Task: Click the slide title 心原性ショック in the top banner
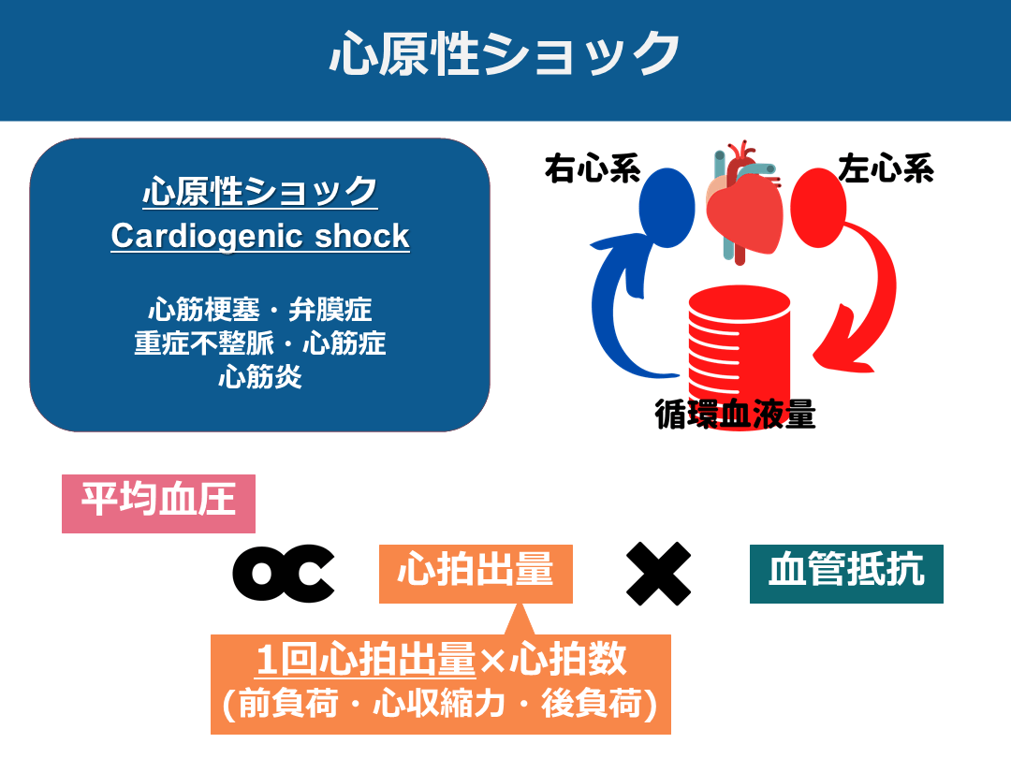505,54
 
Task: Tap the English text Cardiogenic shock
260,236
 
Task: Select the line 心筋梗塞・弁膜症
260,310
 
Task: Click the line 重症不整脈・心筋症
260,343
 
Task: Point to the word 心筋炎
260,377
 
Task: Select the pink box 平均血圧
158,503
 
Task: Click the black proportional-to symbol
284,573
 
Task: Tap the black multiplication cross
659,573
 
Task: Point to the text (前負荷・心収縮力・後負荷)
440,704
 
